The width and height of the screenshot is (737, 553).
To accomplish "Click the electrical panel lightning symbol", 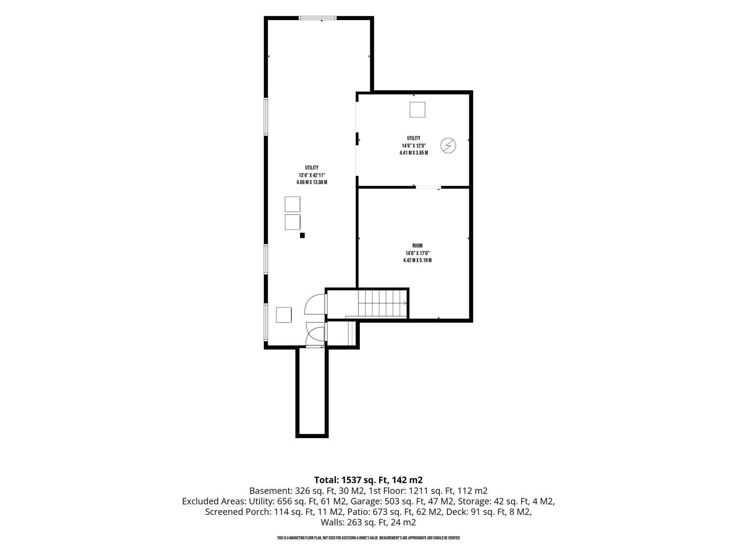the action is [x=448, y=145].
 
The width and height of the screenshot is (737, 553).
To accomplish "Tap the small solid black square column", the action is [x=302, y=235].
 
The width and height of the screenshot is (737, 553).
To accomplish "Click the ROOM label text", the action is [x=417, y=246].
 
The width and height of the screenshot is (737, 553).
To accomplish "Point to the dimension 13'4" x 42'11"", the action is [x=312, y=175].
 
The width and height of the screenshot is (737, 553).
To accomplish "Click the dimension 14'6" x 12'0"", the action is [x=414, y=145].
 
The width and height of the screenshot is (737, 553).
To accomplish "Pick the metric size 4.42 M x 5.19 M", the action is [x=417, y=260].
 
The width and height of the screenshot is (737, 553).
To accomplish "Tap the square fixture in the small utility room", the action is [x=417, y=109].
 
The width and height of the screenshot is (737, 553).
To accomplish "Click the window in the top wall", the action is [x=318, y=18].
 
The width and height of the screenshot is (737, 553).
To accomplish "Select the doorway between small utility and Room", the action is [x=428, y=187].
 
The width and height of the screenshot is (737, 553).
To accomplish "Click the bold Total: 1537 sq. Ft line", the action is [x=368, y=480].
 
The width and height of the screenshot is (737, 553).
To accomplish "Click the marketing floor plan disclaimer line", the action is [x=368, y=538].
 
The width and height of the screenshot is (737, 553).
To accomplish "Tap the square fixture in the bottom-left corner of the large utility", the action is [x=284, y=315].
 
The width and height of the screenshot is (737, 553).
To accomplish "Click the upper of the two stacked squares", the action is [x=293, y=204].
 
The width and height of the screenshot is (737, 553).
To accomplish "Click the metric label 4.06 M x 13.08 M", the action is [x=312, y=183].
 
